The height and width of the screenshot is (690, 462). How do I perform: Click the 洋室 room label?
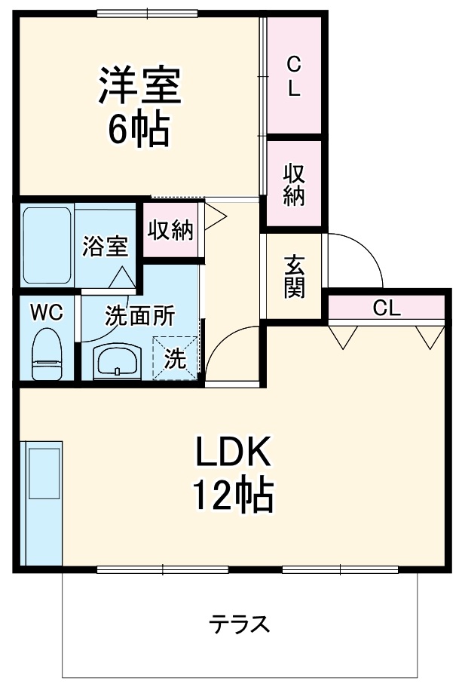tap(139, 85)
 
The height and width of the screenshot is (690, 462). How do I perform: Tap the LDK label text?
tap(233, 452)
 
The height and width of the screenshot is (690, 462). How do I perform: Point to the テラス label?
tap(239, 624)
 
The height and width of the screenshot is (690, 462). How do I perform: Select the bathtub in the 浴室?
tap(47, 246)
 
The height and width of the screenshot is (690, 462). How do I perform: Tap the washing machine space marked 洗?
tap(175, 357)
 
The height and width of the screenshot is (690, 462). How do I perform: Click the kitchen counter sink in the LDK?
tap(44, 474)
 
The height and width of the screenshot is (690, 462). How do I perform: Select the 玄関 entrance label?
tap(294, 277)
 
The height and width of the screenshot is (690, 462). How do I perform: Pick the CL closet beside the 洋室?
tap(294, 75)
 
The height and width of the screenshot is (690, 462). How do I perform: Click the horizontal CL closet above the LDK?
tap(387, 307)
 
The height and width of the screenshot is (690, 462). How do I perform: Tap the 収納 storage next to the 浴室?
tap(170, 229)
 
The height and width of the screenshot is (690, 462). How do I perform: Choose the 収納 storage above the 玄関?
tap(294, 183)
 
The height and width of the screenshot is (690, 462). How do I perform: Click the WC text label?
tap(47, 312)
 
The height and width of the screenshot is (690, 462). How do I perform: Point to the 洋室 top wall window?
tap(148, 14)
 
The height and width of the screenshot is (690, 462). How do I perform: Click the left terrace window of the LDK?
tap(162, 570)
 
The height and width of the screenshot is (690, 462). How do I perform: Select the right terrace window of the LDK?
tap(340, 570)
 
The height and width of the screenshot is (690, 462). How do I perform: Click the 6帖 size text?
tap(139, 128)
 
